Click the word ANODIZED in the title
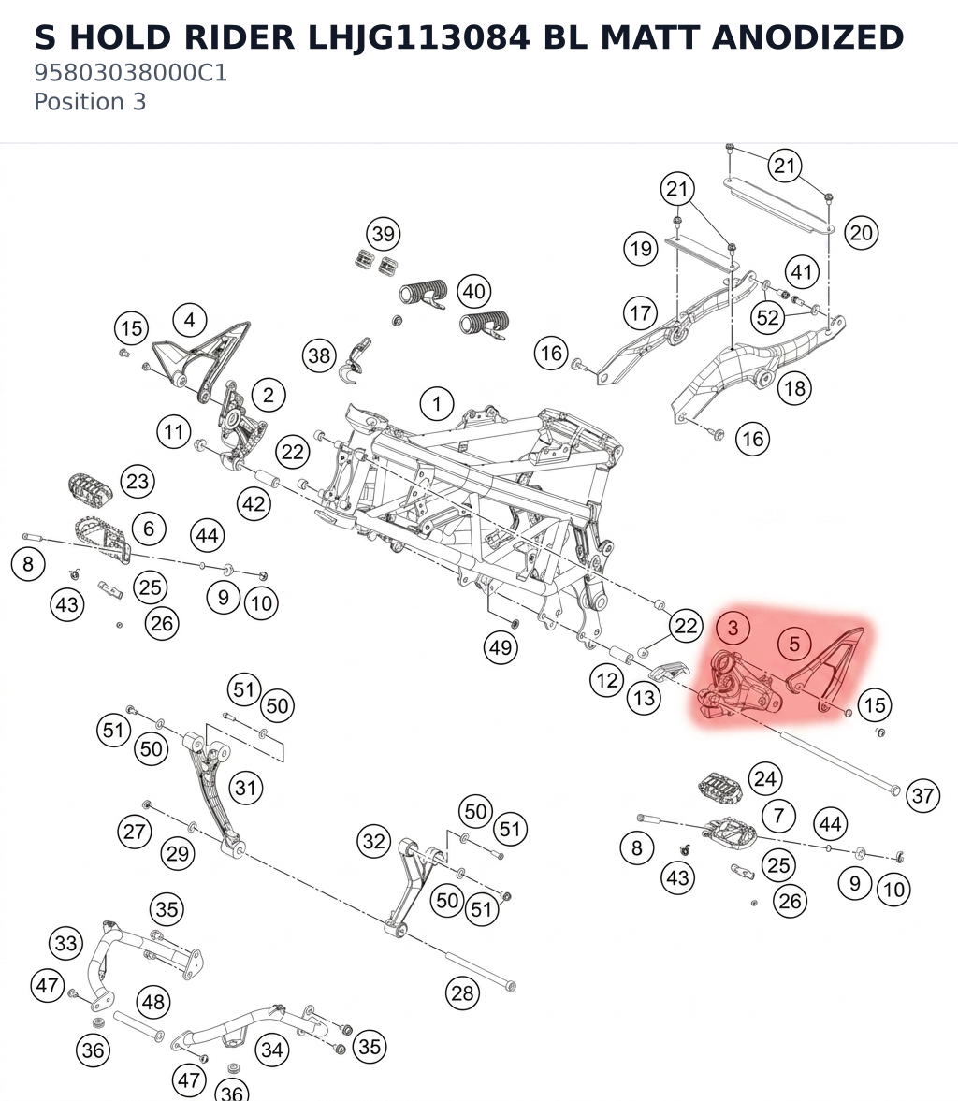pos(807,37)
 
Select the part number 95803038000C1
pos(131,73)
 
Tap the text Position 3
pos(90,102)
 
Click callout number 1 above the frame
pos(437,404)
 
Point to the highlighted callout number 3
pos(733,627)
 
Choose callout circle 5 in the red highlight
pos(794,644)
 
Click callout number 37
pos(922,795)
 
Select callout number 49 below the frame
pos(501,646)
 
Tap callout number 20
pos(861,232)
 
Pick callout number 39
pos(384,234)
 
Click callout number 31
pos(245,787)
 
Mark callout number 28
pos(463,992)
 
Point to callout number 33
pos(66,943)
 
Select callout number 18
pos(794,388)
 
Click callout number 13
pos(644,698)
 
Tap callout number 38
pos(320,355)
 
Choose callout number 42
pos(254,503)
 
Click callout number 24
pos(765,778)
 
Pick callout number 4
pos(190,320)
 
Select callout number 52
pos(768,317)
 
